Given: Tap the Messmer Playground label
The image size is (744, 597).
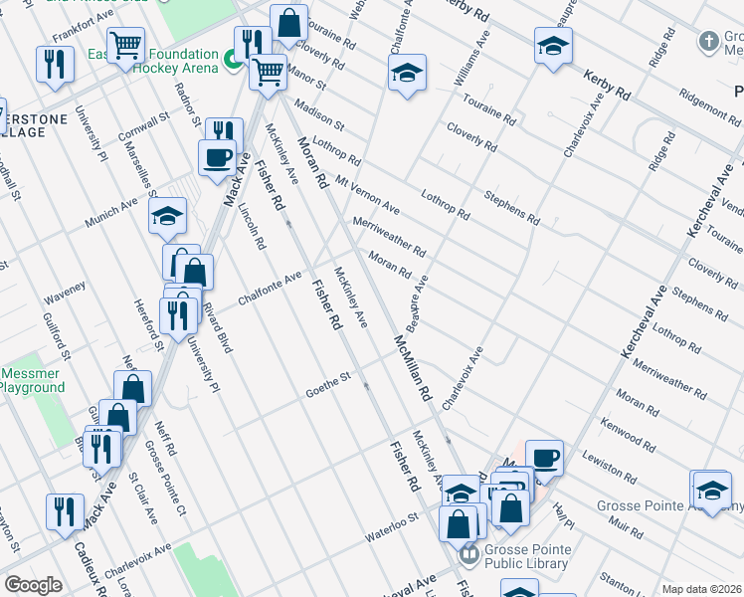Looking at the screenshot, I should click(x=33, y=380).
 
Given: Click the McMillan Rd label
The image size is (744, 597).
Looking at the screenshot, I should click(x=412, y=368).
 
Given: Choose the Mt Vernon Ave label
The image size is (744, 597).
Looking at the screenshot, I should click(x=367, y=196).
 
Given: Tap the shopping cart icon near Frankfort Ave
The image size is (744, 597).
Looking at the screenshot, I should click(x=126, y=45).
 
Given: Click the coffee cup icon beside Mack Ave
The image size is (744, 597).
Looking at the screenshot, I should click(x=217, y=156).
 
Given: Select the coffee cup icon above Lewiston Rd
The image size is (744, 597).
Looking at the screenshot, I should click(x=544, y=457).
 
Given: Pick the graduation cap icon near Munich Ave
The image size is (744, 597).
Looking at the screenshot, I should click(x=168, y=215).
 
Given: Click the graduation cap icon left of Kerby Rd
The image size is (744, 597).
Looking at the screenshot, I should click(x=553, y=45).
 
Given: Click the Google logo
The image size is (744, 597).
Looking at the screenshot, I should click(x=34, y=585).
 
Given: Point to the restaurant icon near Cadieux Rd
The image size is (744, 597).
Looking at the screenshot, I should click(x=65, y=511).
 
